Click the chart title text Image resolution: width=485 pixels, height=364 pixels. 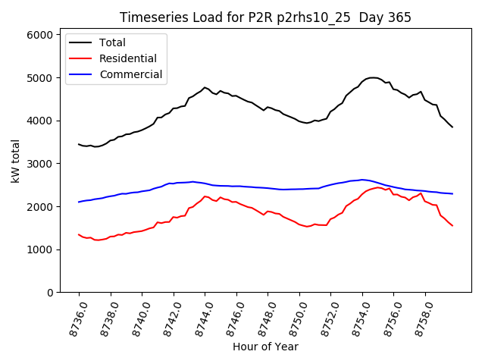[x=265, y=17]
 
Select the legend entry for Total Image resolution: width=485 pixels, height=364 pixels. [x=112, y=42]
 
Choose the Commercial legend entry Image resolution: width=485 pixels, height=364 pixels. [x=125, y=74]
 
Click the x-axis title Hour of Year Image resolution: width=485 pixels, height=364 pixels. [x=265, y=347]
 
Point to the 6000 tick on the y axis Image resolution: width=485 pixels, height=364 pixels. [x=40, y=35]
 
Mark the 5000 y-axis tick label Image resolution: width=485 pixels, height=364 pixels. [x=40, y=78]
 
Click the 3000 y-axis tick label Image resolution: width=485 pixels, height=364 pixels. [x=40, y=164]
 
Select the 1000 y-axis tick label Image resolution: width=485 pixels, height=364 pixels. [x=40, y=249]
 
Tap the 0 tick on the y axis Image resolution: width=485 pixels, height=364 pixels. [x=48, y=293]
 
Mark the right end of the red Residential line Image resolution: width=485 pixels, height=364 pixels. [x=452, y=225]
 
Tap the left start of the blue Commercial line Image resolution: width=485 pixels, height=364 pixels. [x=79, y=202]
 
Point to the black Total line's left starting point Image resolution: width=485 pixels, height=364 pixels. [x=79, y=144]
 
